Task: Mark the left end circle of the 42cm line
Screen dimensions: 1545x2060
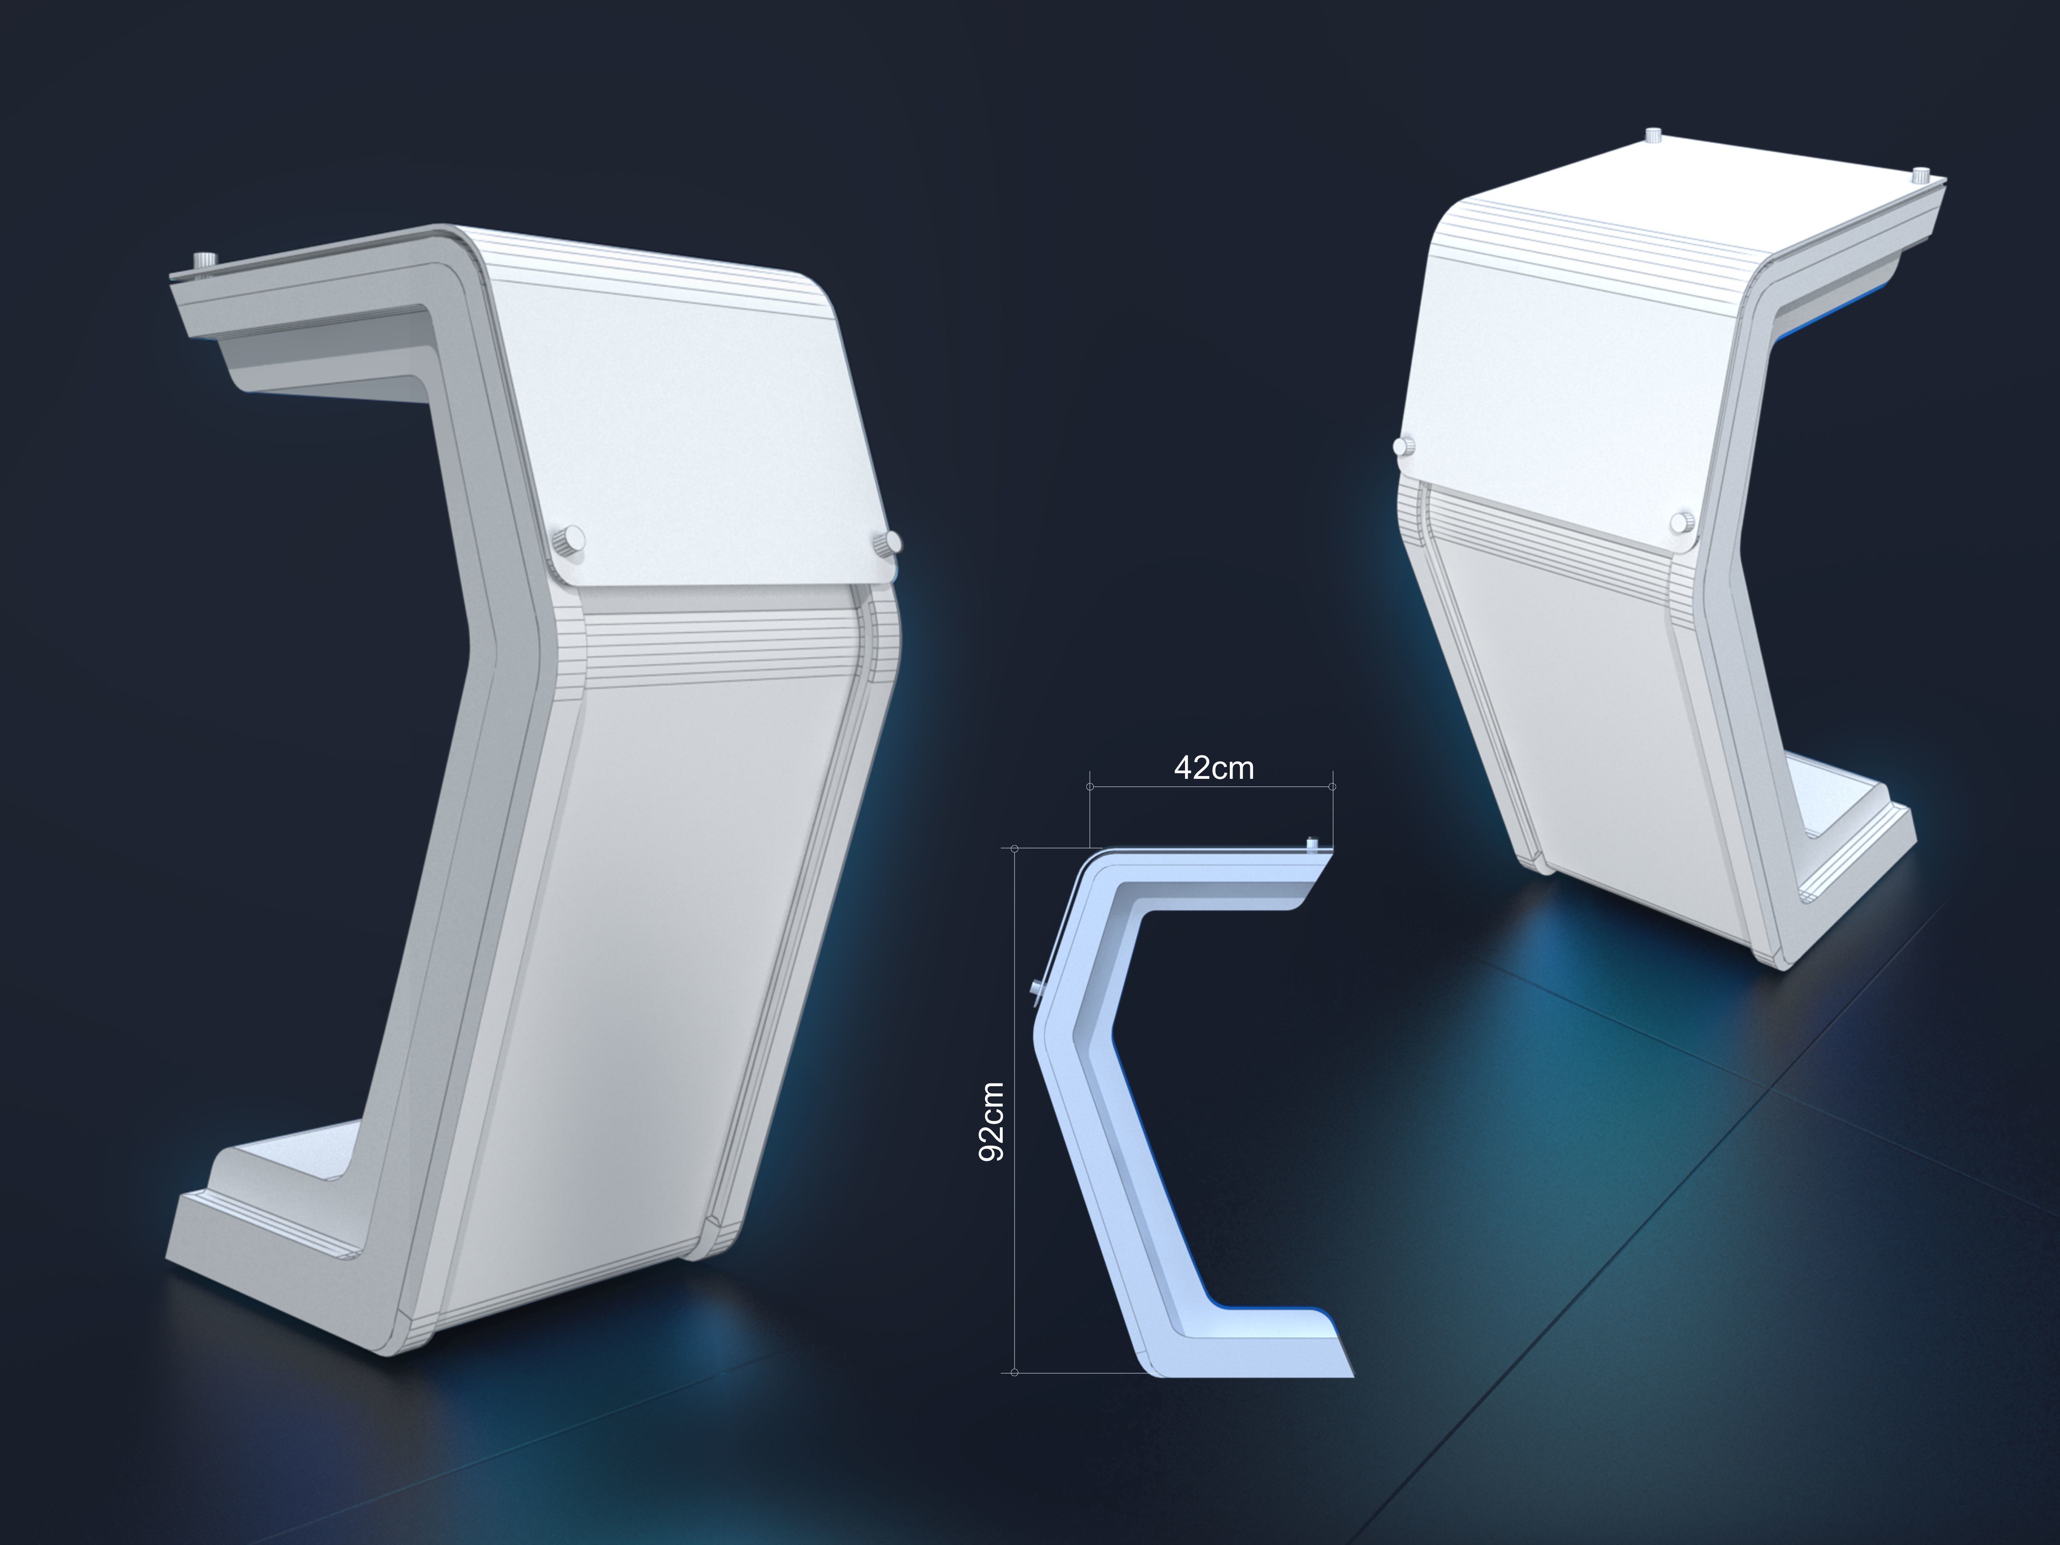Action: pos(1090,787)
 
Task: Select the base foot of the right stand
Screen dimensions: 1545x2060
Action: pos(1853,848)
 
